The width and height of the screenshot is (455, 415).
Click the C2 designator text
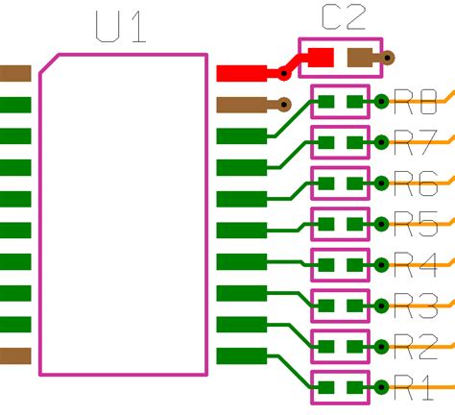point(344,17)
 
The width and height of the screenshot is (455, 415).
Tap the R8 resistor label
point(416,99)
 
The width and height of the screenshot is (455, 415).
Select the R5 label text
point(416,223)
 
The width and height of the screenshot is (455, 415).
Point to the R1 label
point(414,388)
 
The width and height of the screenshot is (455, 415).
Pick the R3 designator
point(416,305)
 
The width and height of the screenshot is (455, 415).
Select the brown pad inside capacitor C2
point(360,58)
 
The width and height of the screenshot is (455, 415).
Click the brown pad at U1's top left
point(15,73)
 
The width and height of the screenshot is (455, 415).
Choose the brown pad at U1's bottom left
point(15,355)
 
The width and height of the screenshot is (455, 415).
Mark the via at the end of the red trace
point(283,73)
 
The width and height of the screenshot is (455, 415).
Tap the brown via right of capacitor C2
point(387,58)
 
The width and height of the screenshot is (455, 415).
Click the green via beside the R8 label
point(381,99)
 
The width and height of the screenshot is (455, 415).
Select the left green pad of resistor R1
point(325,387)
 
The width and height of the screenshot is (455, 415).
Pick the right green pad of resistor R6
point(356,182)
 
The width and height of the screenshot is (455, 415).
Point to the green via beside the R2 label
point(381,346)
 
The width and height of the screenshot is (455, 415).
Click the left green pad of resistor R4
point(325,263)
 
